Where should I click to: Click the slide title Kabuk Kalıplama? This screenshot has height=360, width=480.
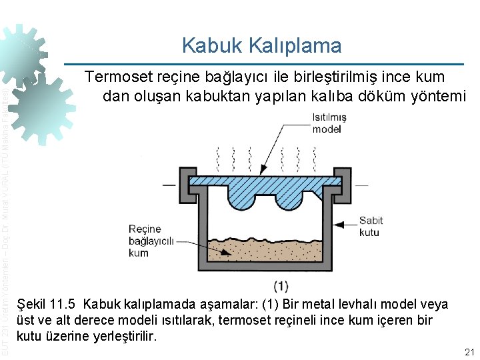click(x=261, y=45)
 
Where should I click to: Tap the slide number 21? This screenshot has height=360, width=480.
click(x=468, y=352)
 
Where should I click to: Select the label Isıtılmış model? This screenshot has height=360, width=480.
click(x=329, y=123)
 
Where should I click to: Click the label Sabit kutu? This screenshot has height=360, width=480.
click(x=371, y=227)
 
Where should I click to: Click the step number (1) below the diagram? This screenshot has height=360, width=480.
click(x=281, y=285)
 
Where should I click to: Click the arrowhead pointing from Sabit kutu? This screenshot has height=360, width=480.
click(x=337, y=226)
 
